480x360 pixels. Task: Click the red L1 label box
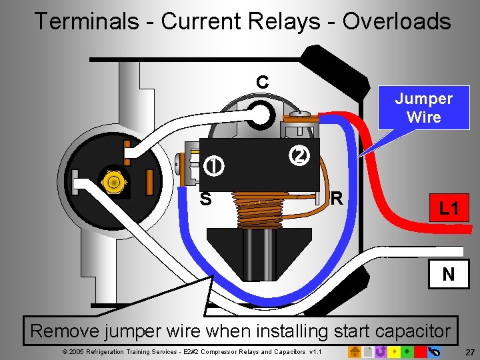(x=449, y=209)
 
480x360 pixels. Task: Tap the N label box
(x=449, y=273)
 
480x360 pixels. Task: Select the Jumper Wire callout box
(x=423, y=108)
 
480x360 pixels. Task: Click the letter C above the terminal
(x=263, y=83)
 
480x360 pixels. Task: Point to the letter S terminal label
(x=206, y=199)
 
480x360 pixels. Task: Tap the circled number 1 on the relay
(x=214, y=165)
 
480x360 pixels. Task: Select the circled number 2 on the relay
(x=300, y=155)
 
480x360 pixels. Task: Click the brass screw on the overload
(x=114, y=181)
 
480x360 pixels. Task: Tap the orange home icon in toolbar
(x=355, y=351)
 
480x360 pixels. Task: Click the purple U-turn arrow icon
(x=381, y=351)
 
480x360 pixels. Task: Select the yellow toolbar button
(x=395, y=351)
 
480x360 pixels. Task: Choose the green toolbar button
(x=407, y=351)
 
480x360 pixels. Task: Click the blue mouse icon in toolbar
(x=434, y=351)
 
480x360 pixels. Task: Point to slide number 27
(x=470, y=351)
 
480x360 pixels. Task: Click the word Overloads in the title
(x=396, y=21)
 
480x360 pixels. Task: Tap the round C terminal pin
(x=261, y=116)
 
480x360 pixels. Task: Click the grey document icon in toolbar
(x=368, y=351)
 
